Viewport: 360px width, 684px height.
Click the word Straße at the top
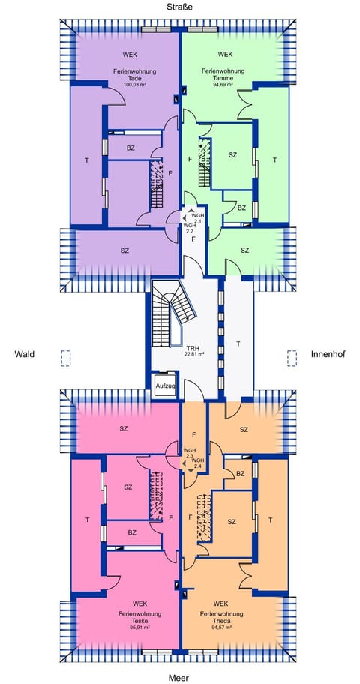[180, 7]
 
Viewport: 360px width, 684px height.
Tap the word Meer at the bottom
[179, 677]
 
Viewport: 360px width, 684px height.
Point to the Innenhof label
[327, 354]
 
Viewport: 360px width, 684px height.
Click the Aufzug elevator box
[165, 385]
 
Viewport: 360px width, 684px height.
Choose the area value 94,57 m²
[220, 628]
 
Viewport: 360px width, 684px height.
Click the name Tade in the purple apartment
[136, 78]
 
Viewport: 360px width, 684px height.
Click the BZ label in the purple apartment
[130, 148]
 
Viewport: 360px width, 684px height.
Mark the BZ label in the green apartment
[241, 208]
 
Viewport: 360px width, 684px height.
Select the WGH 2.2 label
[190, 228]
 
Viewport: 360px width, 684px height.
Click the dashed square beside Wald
[66, 358]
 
